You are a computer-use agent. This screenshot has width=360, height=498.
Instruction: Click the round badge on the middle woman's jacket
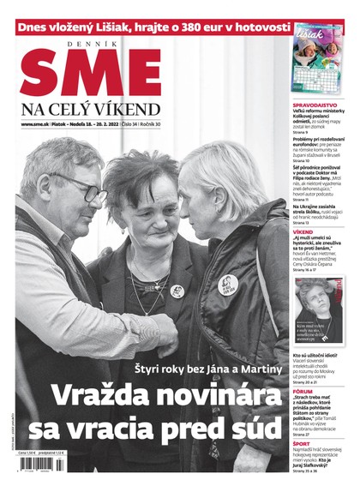pos(177,291)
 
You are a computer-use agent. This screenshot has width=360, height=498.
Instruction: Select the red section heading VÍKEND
pos(303,231)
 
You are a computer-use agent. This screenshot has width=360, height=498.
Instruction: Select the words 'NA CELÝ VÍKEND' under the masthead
pos(90,109)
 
